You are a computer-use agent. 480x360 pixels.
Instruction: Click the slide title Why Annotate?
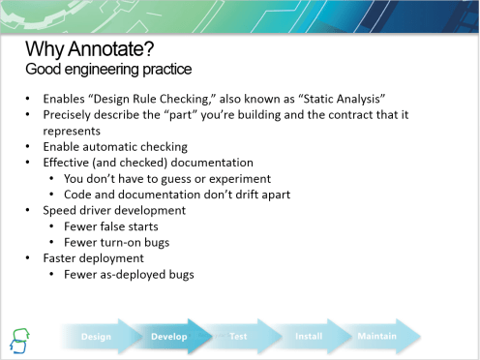89,48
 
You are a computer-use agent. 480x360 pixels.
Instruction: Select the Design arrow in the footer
97,337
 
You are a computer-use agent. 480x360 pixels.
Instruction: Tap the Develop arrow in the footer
169,337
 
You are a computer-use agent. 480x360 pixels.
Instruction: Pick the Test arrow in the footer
238,337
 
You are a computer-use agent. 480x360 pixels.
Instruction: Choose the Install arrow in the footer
308,337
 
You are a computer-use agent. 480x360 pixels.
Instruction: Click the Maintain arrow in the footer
377,337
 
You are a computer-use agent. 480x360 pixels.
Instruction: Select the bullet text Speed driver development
113,209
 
